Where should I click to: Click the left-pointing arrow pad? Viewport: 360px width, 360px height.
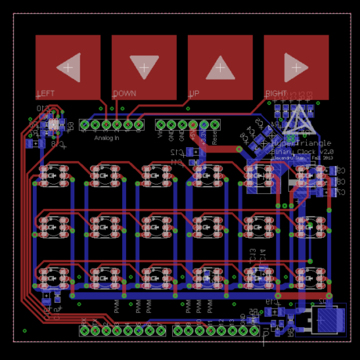[x=68, y=67]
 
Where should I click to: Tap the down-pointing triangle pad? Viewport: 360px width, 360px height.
[x=144, y=67]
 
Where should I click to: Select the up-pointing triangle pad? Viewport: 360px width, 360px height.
[x=220, y=67]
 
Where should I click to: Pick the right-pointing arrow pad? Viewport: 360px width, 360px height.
[x=296, y=67]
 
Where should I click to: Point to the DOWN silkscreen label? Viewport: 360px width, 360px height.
[x=124, y=94]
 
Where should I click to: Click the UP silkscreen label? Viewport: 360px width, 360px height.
[x=193, y=94]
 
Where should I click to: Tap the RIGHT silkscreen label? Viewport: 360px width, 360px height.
[x=275, y=94]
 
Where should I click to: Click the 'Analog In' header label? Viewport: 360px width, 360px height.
[x=107, y=138]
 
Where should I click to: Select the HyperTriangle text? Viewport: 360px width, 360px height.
[x=301, y=144]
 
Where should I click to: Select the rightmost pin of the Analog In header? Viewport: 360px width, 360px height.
[x=139, y=124]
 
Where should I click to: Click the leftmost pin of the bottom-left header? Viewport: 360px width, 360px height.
[x=85, y=331]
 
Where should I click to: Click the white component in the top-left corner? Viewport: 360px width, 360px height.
[x=54, y=124]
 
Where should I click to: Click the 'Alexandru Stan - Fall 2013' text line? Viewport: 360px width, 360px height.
[x=302, y=157]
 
